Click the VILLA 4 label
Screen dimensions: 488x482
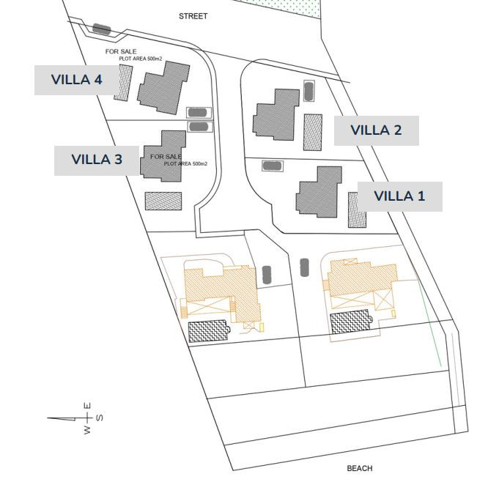click(x=76, y=80)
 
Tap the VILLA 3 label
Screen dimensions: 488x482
click(x=97, y=160)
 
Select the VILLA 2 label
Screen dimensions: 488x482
click(x=377, y=130)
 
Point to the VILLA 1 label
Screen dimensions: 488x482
click(x=399, y=196)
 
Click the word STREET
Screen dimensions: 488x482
click(x=193, y=16)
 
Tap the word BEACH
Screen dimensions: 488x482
click(x=360, y=468)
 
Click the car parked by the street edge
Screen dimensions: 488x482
click(x=102, y=29)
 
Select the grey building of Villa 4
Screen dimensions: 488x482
click(x=163, y=87)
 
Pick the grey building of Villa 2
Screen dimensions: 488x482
click(x=276, y=114)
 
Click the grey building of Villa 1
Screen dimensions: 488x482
click(x=319, y=192)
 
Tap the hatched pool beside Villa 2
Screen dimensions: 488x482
click(x=313, y=133)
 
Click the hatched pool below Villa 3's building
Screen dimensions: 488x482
click(x=163, y=201)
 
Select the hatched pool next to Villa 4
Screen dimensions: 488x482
click(x=124, y=83)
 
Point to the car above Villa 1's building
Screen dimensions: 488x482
click(x=273, y=166)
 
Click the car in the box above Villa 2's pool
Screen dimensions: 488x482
click(x=308, y=91)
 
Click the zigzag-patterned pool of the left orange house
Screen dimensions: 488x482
click(x=209, y=331)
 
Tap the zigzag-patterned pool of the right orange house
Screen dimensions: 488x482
click(x=351, y=322)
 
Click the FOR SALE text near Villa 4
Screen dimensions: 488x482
click(x=121, y=51)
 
